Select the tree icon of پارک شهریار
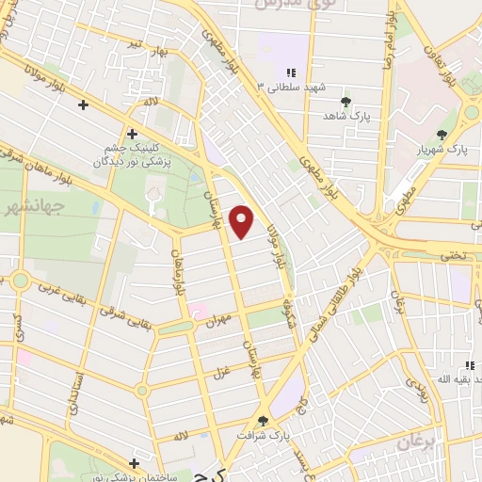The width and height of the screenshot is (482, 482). [x=442, y=136]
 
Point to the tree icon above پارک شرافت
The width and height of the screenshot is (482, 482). [x=263, y=421]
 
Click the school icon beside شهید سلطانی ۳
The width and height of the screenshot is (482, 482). [x=293, y=72]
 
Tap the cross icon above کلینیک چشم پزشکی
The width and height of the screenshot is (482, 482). [x=132, y=135]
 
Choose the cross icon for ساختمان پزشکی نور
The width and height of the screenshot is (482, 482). [x=136, y=463]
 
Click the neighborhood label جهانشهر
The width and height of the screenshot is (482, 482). [x=32, y=204]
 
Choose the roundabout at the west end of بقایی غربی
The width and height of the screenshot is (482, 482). [x=20, y=281]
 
